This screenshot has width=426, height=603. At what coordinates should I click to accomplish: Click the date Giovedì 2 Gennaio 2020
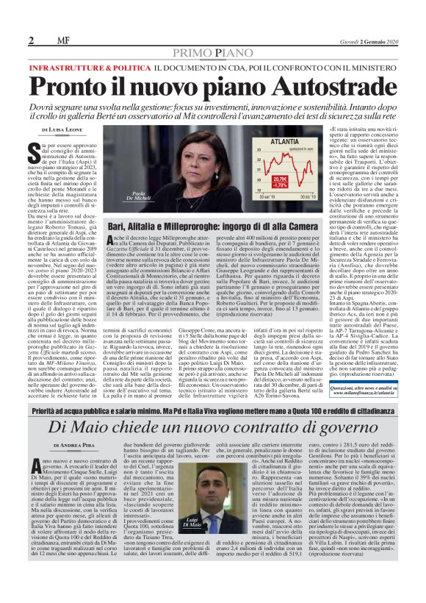point(383,19)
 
